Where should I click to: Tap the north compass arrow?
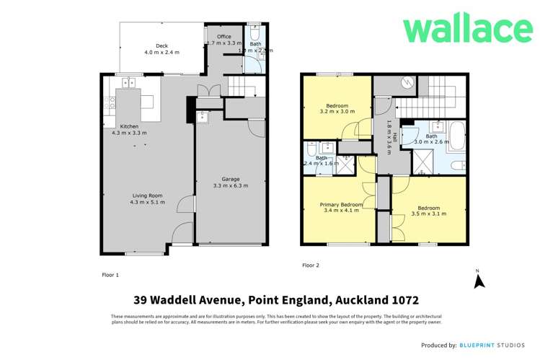[477, 281]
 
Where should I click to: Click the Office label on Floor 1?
[223, 36]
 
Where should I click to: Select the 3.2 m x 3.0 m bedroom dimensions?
[337, 112]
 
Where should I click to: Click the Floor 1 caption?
[110, 275]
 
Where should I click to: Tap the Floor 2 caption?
[310, 265]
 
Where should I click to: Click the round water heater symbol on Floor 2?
[405, 82]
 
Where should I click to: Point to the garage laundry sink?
[202, 116]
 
